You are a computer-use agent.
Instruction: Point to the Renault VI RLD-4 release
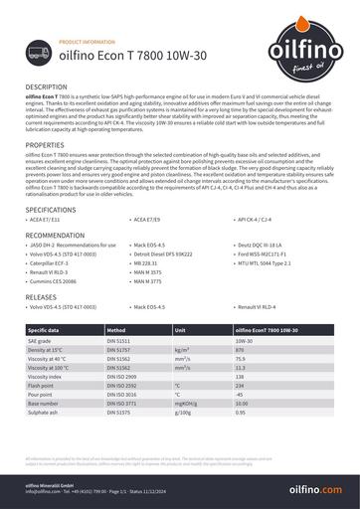tap(263, 308)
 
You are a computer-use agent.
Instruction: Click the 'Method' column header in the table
tap(116, 329)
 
